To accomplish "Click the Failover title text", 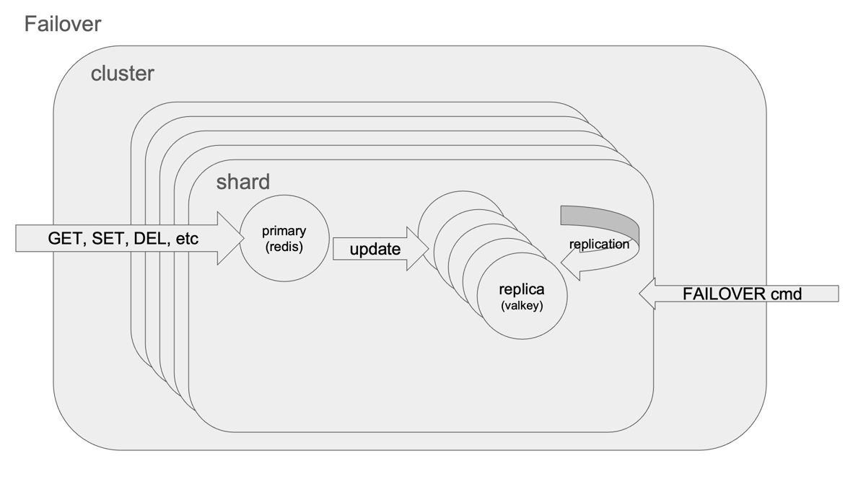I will pos(63,24).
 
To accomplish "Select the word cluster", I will pos(122,74).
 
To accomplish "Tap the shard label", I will pos(242,182).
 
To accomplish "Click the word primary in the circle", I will pos(284,231).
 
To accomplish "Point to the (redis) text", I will pos(284,247).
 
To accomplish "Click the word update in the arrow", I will pos(375,250).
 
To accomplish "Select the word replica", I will pos(522,289).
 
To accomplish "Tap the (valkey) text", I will pos(522,306).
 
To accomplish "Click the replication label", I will pos(599,245).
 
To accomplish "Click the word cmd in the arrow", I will pos(785,294).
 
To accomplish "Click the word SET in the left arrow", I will pos(108,239).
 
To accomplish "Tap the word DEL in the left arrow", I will pos(150,239).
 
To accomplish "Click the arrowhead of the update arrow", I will pos(418,249).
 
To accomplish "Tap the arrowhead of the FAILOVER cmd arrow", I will pos(647,294).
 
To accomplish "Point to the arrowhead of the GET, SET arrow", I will pos(230,238).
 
